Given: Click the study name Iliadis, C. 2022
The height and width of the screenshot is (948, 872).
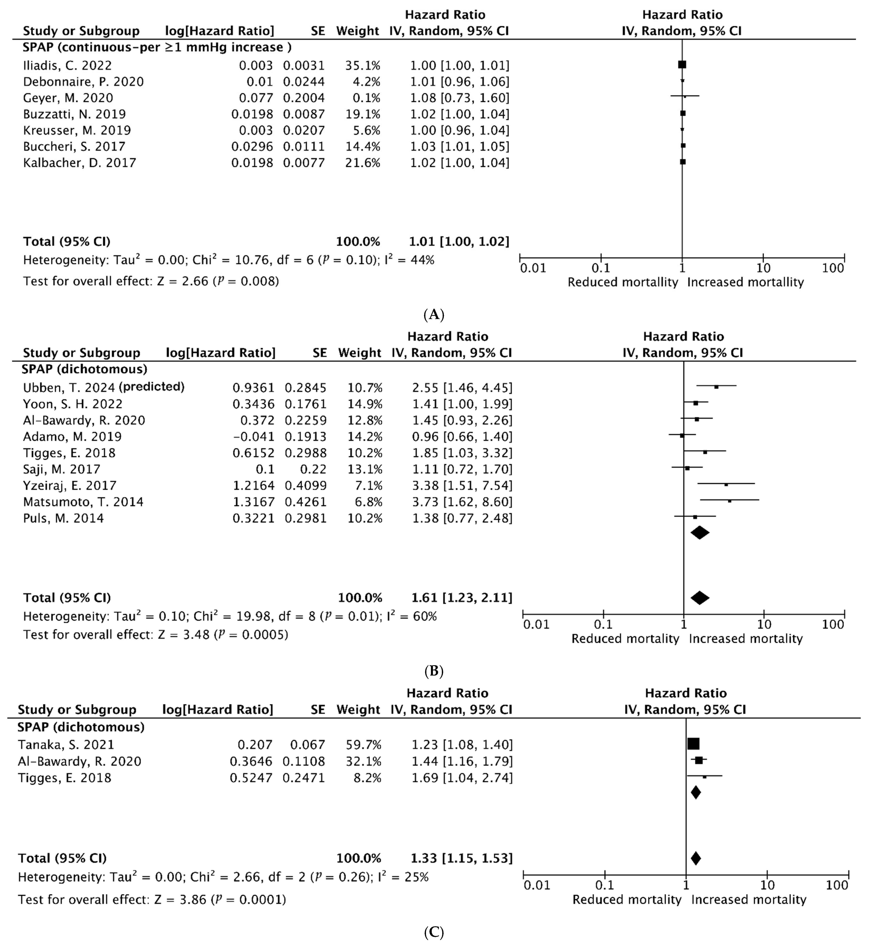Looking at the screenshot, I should coord(67,66).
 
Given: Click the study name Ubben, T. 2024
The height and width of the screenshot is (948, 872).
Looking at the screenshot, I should coord(69,388).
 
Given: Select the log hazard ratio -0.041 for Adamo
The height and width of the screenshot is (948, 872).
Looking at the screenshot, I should coord(253,437).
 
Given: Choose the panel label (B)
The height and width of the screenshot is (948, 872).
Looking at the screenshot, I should coord(434,671).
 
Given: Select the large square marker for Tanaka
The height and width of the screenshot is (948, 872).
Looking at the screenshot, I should coord(693,744).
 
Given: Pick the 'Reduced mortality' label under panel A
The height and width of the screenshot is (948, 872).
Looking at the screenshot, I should coord(622,283).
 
